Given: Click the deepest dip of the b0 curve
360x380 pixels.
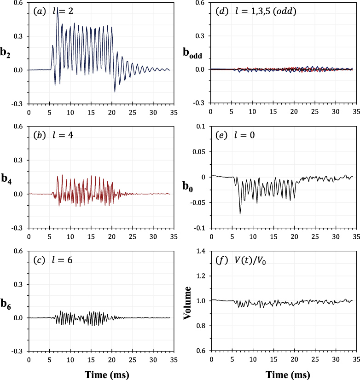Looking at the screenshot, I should pos(240,213).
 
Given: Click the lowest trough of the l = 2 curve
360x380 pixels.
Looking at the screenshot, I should pos(115,92).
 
